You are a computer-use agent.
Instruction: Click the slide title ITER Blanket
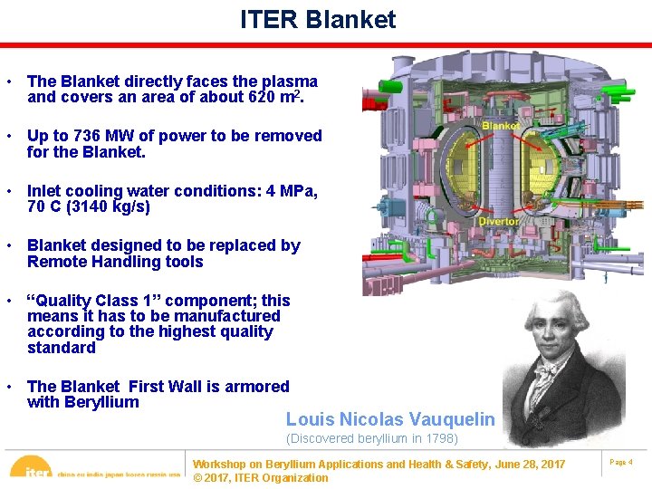tap(318, 20)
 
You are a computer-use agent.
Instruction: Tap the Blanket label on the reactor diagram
tap(500, 126)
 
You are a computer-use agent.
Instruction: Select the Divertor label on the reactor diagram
tap(498, 221)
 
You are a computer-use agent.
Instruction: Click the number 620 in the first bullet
tap(263, 97)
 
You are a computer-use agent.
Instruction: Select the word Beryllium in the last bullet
tap(101, 402)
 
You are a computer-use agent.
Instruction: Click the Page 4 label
tap(621, 463)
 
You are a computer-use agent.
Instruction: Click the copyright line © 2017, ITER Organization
tap(261, 478)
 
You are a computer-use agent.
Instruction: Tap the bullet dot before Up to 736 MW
tap(8, 136)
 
